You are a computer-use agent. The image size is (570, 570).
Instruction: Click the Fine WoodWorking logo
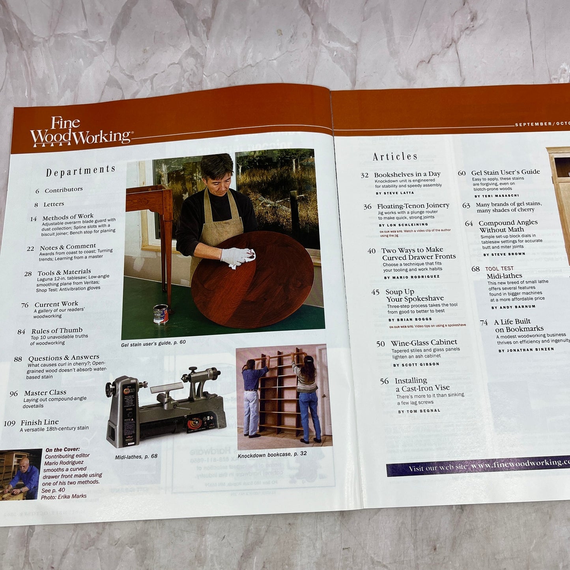(x=81, y=132)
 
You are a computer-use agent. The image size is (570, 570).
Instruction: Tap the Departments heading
(x=80, y=171)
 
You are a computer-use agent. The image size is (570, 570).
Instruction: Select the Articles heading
(x=395, y=157)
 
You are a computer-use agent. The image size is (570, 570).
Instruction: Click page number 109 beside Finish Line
(x=9, y=424)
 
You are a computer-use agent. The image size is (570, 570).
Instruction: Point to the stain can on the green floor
(x=161, y=314)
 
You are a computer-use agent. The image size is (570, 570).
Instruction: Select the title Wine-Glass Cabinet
(x=424, y=342)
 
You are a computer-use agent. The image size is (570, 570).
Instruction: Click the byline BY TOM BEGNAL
(x=419, y=411)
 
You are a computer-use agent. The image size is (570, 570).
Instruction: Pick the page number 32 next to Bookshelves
(x=364, y=175)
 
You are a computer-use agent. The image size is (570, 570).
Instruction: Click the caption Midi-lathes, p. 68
(x=136, y=457)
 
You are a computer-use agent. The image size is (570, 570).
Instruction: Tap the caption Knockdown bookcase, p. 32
(x=272, y=454)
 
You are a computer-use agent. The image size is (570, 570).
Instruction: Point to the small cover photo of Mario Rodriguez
(x=21, y=474)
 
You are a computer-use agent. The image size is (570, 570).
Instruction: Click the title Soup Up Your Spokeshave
(x=414, y=295)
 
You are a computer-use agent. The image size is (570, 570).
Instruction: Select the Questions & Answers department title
(x=64, y=358)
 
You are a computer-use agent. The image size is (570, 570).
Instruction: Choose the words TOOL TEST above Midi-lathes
(x=499, y=269)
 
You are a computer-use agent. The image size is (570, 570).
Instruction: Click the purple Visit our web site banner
(x=477, y=466)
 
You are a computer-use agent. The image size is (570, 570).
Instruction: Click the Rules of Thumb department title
(x=57, y=331)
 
